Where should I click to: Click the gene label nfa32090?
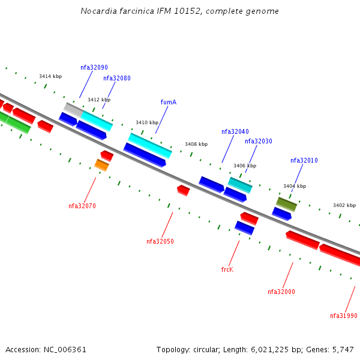(x=94, y=68)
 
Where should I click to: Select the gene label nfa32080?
(x=117, y=79)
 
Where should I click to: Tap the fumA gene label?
(x=169, y=103)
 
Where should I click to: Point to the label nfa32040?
(x=235, y=132)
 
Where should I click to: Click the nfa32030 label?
(x=259, y=142)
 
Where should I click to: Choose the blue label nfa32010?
(x=304, y=161)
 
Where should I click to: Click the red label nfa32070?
(x=82, y=206)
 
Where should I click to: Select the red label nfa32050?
(x=160, y=242)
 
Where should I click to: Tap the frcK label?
(x=227, y=270)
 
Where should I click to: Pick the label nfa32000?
(x=281, y=292)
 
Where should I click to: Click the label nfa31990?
(x=344, y=316)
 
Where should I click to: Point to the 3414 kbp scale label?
(x=50, y=77)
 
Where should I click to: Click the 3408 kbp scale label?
(x=196, y=145)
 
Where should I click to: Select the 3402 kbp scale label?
(x=344, y=206)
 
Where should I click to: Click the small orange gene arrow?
(x=101, y=165)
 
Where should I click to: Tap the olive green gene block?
(x=286, y=204)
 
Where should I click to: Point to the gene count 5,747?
(x=342, y=350)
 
